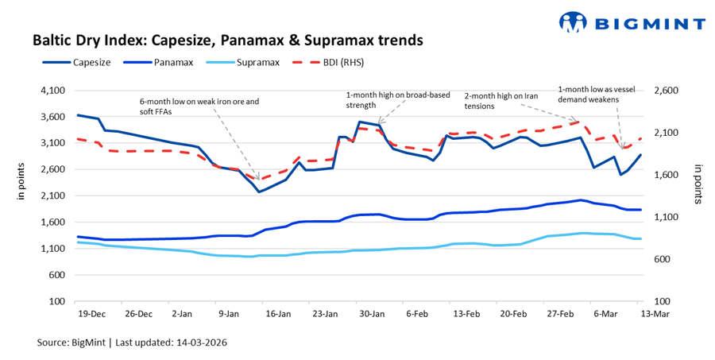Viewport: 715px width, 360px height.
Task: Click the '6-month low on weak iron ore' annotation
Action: (199, 106)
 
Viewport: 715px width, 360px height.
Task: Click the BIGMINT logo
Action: (632, 23)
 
